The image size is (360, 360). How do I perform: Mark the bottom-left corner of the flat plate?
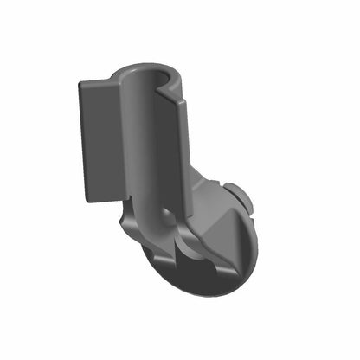(x=87, y=200)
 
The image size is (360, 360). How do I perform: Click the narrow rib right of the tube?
(x=184, y=156)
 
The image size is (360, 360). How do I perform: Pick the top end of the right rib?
(x=183, y=100)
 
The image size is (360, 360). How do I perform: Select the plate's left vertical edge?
(x=81, y=143)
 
